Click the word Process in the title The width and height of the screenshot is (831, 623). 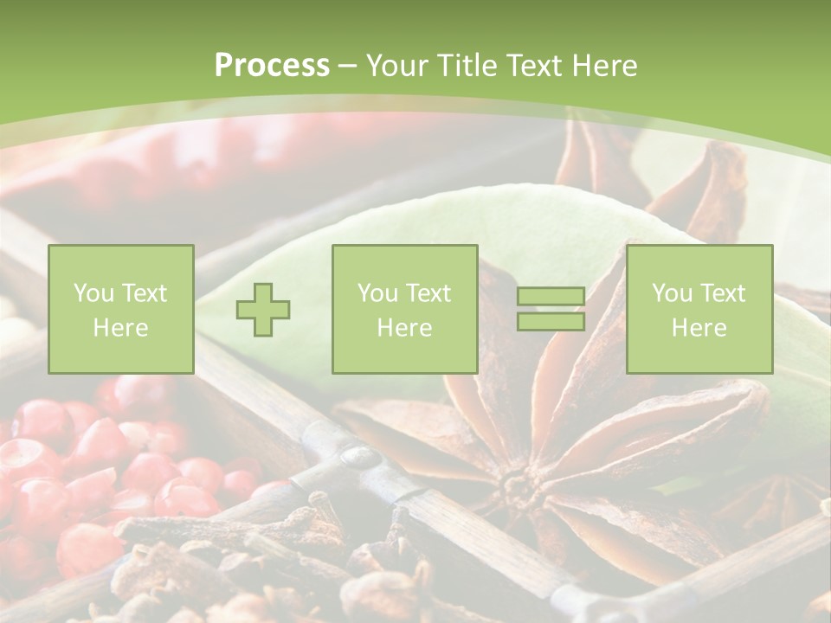pos(272,66)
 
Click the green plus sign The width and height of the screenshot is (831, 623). pos(263,310)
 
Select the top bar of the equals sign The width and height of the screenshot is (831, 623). pos(551,297)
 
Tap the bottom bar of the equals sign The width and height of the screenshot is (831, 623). pos(551,322)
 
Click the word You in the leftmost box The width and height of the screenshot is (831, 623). pos(93,293)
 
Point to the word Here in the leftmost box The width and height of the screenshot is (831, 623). pos(120,328)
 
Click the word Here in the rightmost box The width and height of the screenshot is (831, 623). pos(699,328)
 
